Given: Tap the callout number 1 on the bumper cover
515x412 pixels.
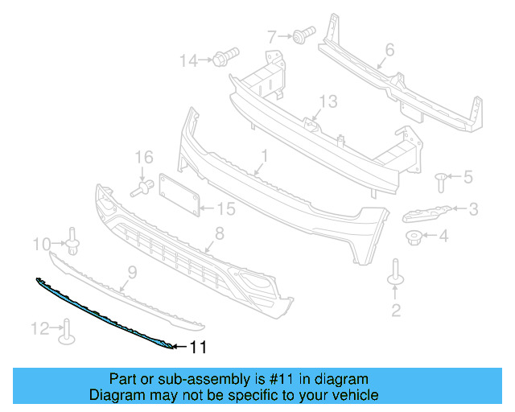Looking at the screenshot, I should pos(262,154).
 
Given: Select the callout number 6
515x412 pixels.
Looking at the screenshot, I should pos(389,50).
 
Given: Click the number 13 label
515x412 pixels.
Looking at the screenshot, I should pos(328,101).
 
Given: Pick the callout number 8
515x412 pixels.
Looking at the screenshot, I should pos(217,234).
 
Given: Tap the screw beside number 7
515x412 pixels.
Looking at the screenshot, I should pos(303,35).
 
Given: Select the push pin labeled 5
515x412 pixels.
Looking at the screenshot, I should pos(441,178).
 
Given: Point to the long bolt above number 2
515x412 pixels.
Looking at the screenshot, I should pos(395,272).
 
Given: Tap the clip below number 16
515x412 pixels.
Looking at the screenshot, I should pos(142,189).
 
